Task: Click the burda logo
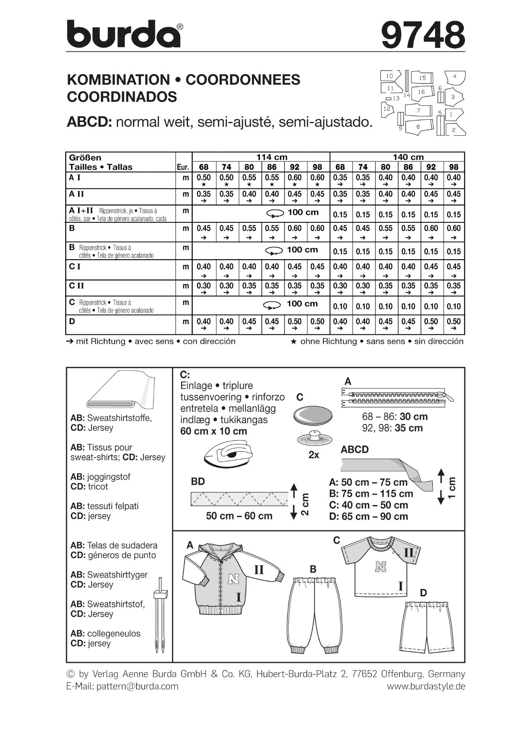pyautogui.click(x=124, y=34)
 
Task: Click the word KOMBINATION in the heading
pyautogui.click(x=118, y=80)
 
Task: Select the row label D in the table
pyautogui.click(x=72, y=321)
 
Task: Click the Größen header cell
pyautogui.click(x=85, y=157)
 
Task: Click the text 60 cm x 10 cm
pyautogui.click(x=214, y=431)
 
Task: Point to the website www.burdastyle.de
pyautogui.click(x=426, y=686)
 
